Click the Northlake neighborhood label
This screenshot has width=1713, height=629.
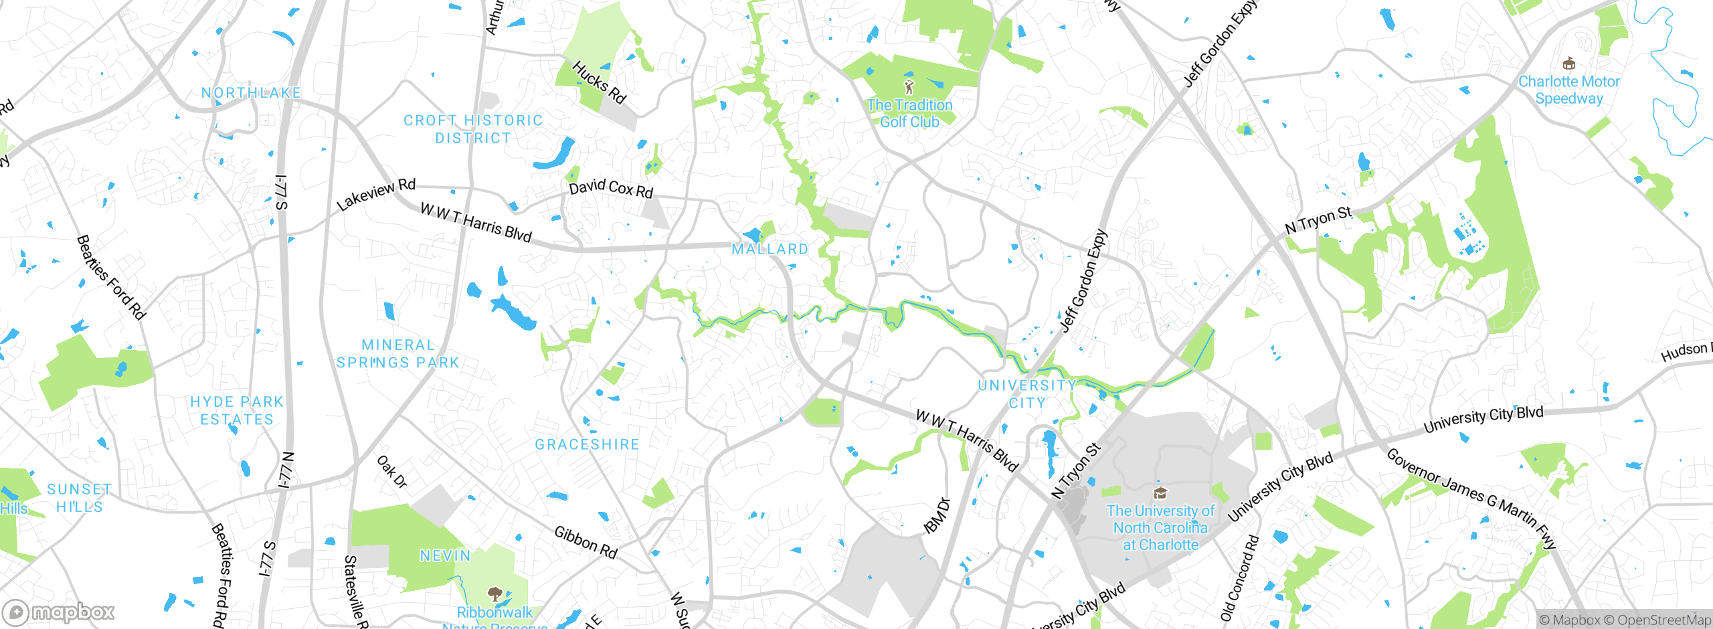251,93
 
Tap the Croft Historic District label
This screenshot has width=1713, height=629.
473,129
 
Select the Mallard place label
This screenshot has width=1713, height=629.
770,249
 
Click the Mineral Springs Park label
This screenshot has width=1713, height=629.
398,354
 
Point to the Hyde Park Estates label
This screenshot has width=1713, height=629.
237,410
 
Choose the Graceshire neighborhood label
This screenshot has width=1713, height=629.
587,444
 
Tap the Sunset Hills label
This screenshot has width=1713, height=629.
79,498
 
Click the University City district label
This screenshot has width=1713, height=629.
1027,394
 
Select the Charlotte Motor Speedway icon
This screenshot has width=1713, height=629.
1568,64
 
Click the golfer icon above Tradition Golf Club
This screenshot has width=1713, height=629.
909,87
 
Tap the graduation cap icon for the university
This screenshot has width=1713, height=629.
1160,494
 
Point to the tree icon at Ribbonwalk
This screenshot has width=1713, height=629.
495,594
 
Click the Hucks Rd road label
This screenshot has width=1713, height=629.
600,82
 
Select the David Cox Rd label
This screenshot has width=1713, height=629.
611,188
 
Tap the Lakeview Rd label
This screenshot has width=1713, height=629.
376,194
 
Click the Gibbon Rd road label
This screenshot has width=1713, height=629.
585,542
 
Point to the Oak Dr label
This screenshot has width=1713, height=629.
392,471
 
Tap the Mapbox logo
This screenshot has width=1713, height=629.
59,612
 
